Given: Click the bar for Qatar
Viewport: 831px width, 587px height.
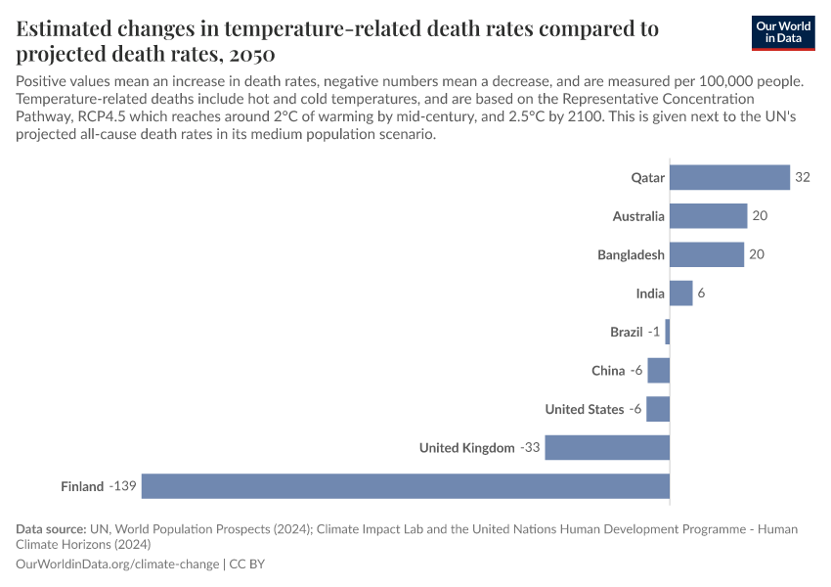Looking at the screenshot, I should (729, 177).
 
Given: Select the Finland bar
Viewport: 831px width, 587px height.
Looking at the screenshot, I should (406, 486).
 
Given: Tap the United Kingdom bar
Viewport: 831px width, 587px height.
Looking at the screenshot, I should (607, 447).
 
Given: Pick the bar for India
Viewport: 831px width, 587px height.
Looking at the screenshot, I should (680, 293).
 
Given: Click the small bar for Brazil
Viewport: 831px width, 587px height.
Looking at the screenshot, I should (668, 332).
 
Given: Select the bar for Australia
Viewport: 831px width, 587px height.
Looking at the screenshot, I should (708, 216).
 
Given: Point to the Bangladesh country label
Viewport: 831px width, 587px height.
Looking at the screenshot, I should (631, 255).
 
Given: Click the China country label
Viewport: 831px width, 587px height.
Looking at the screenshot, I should (607, 371).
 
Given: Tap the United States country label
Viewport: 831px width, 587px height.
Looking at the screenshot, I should (584, 409).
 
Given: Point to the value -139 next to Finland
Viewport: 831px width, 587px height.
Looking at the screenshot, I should (122, 486).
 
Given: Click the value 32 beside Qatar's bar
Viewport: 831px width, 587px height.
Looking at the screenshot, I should (803, 177).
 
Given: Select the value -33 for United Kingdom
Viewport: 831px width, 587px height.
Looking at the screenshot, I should (529, 448).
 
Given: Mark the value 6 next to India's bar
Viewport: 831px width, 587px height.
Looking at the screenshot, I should (701, 293).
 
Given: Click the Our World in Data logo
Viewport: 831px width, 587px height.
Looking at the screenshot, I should (783, 32).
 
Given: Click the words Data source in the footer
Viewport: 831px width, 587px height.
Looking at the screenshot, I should (51, 529).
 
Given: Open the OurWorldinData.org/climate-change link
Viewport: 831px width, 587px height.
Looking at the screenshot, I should (117, 564).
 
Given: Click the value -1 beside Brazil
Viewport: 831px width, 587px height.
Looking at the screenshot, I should (654, 333).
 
